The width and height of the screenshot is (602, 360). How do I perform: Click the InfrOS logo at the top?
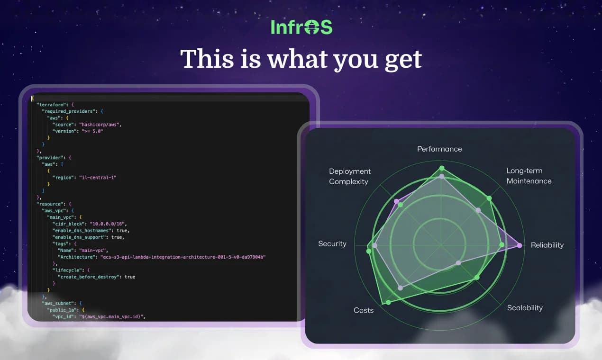[x=301, y=27]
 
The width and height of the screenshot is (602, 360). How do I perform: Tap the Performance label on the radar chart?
[x=439, y=149]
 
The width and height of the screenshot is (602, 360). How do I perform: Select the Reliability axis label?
[x=547, y=245]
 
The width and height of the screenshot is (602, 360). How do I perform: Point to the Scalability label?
[x=525, y=307]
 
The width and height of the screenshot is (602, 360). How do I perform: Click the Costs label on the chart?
[x=364, y=310]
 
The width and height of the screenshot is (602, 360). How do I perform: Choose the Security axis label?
[x=332, y=243]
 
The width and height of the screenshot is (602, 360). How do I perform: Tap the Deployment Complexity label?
[x=350, y=176]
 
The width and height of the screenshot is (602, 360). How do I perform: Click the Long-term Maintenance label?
[x=529, y=176]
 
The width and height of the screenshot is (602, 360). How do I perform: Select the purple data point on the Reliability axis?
[x=520, y=245]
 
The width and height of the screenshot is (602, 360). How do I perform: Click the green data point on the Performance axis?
[x=442, y=168]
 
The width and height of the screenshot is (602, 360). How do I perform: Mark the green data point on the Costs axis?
[x=389, y=302]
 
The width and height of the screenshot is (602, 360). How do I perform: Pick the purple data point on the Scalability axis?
[x=458, y=263]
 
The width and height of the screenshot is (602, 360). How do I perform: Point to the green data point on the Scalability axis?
[x=477, y=277]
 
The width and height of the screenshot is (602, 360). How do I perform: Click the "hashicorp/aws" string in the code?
[x=100, y=124]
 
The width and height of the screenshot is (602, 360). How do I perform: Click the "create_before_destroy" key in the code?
[x=87, y=277]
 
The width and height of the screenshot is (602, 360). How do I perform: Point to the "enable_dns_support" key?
[x=81, y=237]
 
